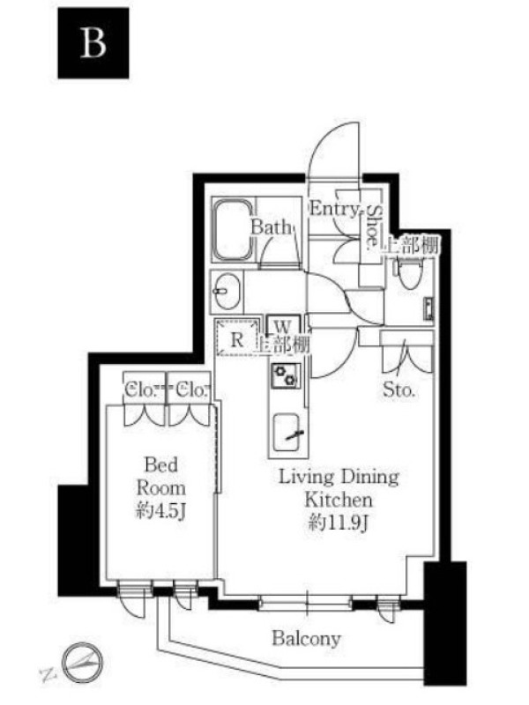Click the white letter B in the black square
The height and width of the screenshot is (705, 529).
93,42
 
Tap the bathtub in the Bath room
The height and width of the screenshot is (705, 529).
234,230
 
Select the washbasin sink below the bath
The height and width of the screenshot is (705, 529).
227,292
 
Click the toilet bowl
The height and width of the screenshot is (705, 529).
409,274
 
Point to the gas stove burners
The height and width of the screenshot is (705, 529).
285,376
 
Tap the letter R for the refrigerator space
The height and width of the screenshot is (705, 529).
236,339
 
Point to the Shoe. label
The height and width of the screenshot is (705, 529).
373,227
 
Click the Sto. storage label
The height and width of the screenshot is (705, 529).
399,390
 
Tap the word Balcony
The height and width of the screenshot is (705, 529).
306,638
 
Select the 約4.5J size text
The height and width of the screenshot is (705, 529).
160,512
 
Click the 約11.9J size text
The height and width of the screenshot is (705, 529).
339,523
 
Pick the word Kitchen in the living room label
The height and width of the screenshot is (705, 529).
339,500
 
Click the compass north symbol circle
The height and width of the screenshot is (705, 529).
82,663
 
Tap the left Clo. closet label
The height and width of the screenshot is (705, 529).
139,390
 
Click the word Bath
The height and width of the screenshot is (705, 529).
271,226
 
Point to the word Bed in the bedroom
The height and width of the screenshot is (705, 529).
160,464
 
